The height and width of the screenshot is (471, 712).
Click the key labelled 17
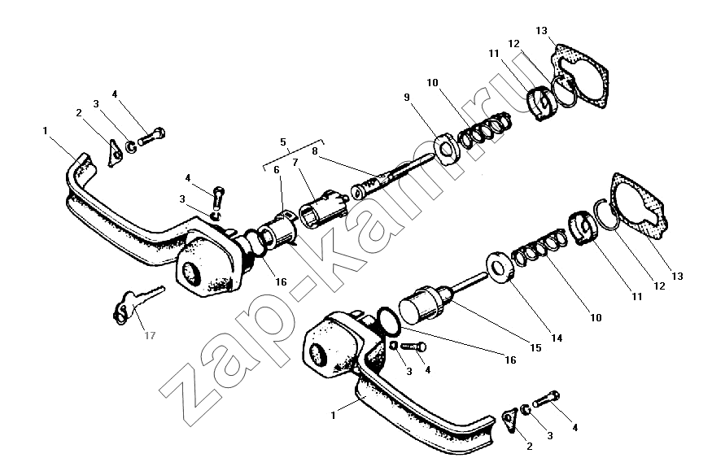pyautogui.click(x=136, y=303)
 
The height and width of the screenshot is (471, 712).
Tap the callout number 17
pyautogui.click(x=150, y=336)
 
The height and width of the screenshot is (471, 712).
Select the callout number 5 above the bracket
pyautogui.click(x=283, y=142)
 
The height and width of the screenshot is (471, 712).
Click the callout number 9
pyautogui.click(x=406, y=97)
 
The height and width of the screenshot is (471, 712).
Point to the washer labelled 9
pyautogui.click(x=448, y=149)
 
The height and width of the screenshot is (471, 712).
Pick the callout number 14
pyautogui.click(x=557, y=338)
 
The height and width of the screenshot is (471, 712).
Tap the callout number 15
pyautogui.click(x=535, y=348)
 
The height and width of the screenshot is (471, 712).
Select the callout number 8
pyautogui.click(x=315, y=151)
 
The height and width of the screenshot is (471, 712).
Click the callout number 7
pyautogui.click(x=295, y=162)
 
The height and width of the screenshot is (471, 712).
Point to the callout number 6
pyautogui.click(x=276, y=170)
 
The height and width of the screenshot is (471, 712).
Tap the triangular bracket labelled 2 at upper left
pyautogui.click(x=114, y=153)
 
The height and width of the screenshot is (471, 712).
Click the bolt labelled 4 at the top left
pyautogui.click(x=151, y=136)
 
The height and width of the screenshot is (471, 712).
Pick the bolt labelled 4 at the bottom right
pyautogui.click(x=546, y=399)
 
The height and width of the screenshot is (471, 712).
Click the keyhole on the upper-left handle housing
pyautogui.click(x=190, y=273)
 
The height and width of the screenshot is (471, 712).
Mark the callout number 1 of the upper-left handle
pyautogui.click(x=46, y=131)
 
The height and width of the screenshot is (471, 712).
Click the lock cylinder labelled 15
pyautogui.click(x=425, y=304)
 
